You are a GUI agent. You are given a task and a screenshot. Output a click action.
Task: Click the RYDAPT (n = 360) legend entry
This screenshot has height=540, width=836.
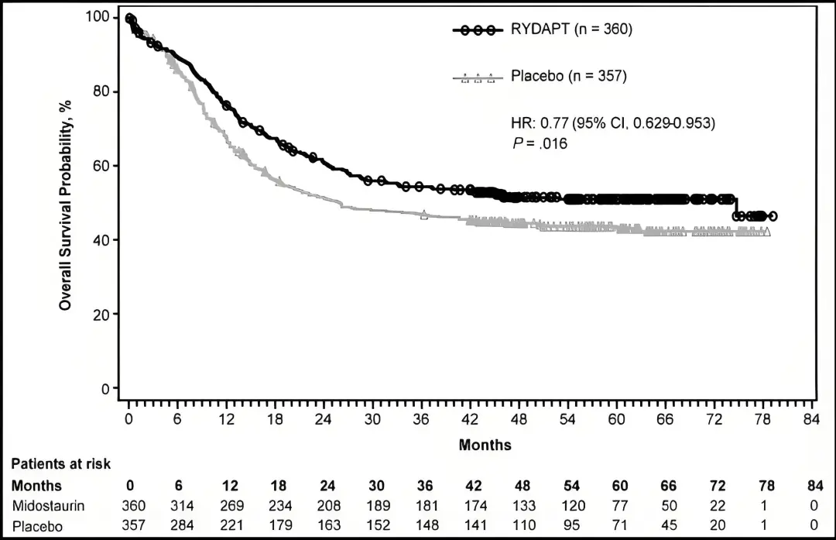571,30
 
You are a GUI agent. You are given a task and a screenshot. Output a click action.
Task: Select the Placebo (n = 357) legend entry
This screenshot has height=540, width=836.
568,77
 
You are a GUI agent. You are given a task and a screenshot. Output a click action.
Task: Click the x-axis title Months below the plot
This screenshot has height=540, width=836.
485,445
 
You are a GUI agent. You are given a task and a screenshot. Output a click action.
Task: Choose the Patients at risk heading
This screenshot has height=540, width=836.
61,464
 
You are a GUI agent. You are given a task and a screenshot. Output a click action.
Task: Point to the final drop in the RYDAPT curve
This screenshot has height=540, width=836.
735,208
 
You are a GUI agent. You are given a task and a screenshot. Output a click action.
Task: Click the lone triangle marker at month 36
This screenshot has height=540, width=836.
423,215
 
